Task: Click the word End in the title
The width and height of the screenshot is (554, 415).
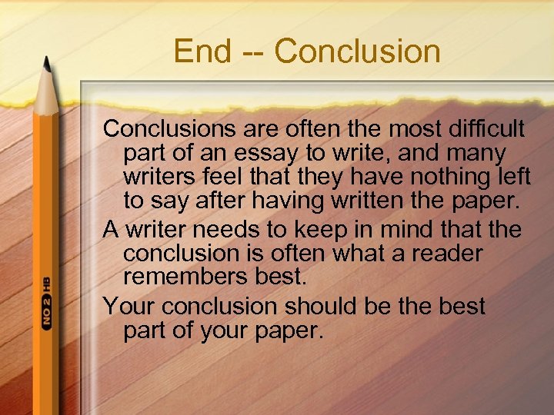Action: click(x=202, y=51)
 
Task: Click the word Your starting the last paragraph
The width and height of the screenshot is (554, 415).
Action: click(x=129, y=306)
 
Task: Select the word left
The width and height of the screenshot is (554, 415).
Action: click(x=513, y=178)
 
